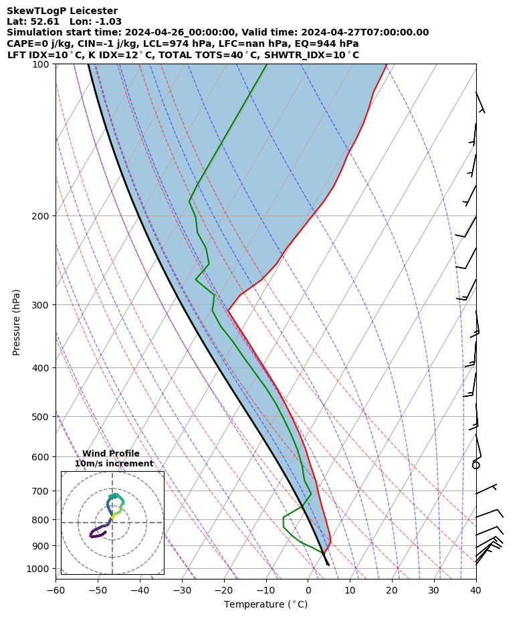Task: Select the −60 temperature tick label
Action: click(x=56, y=590)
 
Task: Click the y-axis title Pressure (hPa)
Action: click(x=17, y=322)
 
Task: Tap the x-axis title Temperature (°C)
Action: click(x=265, y=605)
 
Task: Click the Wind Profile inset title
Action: click(x=111, y=454)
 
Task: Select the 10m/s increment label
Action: click(x=114, y=464)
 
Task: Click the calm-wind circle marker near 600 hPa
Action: click(x=476, y=464)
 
